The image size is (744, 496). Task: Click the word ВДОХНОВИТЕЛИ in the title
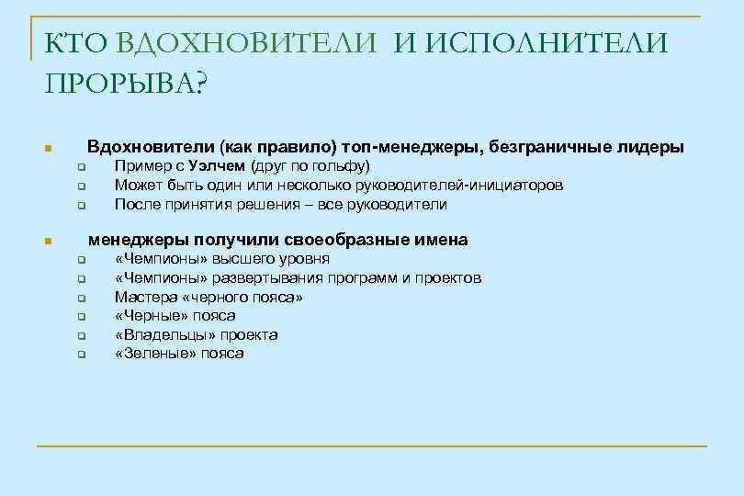pyautogui.click(x=247, y=43)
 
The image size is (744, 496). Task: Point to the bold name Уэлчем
pyautogui.click(x=218, y=166)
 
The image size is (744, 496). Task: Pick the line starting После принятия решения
pyautogui.click(x=280, y=205)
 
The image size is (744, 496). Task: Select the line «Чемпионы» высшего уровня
pyautogui.click(x=221, y=259)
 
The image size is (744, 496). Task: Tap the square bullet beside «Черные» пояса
pyautogui.click(x=81, y=317)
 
